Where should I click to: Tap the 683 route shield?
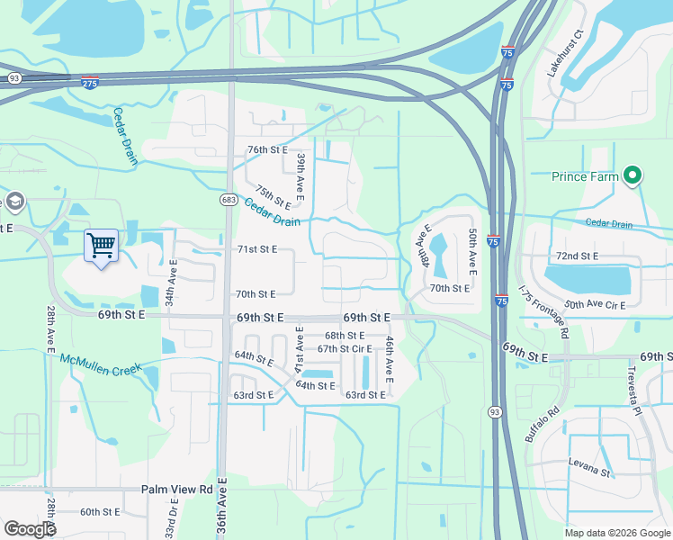click(x=228, y=197)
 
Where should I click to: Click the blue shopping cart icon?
click(x=102, y=244)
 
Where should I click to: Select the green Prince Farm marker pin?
click(x=633, y=176)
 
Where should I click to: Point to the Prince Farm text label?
click(x=585, y=177)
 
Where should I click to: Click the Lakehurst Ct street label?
click(x=566, y=53)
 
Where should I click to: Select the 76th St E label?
click(x=267, y=149)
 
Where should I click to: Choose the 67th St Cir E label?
click(x=345, y=349)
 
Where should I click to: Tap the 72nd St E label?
click(x=578, y=256)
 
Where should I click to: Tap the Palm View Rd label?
click(x=176, y=490)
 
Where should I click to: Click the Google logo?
click(x=30, y=529)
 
